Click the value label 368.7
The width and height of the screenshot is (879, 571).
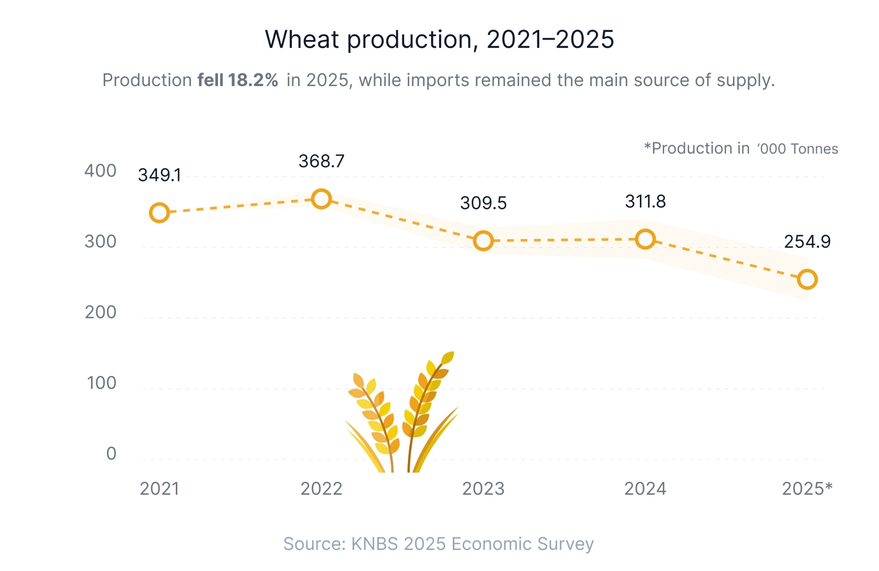(321, 161)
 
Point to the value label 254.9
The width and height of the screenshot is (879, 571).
(807, 242)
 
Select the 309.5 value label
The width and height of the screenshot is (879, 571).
(483, 203)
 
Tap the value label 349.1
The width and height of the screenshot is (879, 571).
(160, 175)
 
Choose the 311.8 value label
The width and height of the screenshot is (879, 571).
(645, 202)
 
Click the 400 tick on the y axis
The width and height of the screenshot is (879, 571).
(100, 171)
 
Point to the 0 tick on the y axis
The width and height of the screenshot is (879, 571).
(111, 453)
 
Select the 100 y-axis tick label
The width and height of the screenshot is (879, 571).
(102, 383)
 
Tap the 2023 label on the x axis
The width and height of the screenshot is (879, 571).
(483, 489)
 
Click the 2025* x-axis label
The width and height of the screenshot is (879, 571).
(807, 489)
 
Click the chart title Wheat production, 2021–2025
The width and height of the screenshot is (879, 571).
(439, 40)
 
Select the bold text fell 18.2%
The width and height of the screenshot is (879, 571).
(238, 80)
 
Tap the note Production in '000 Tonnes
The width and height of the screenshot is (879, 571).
(741, 148)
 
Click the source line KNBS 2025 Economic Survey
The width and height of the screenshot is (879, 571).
(472, 544)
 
